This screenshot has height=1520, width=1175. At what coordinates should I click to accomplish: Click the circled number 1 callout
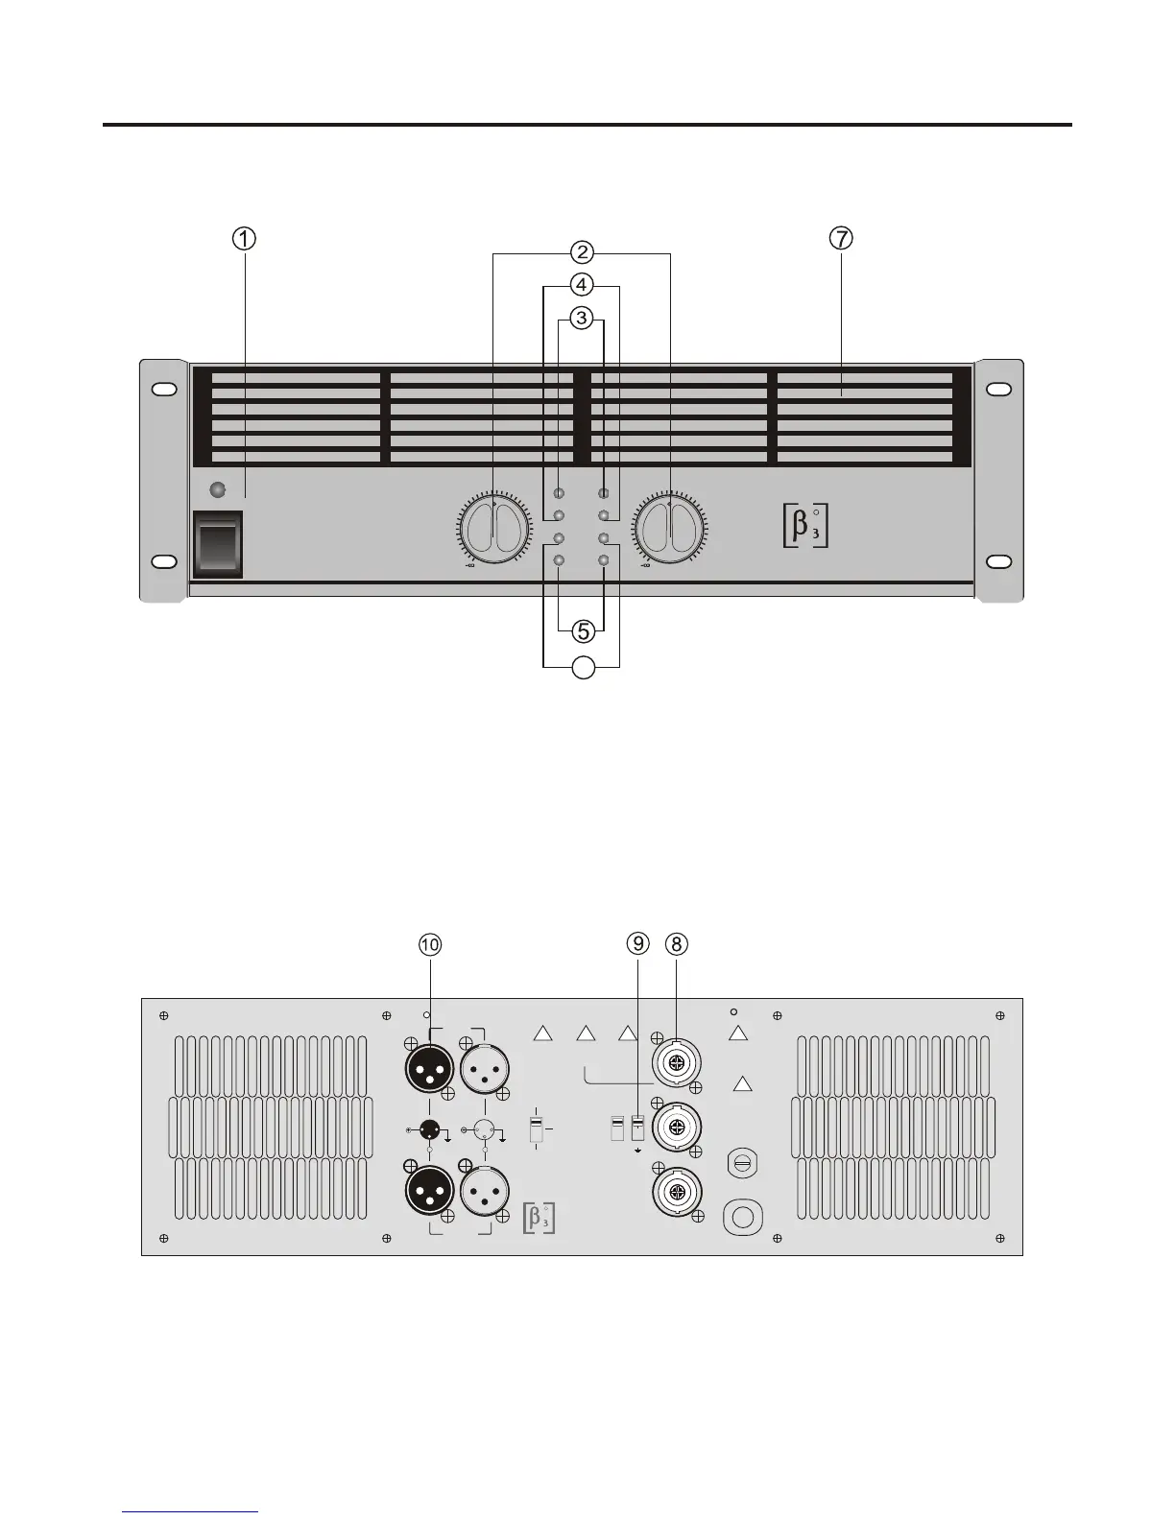click(x=246, y=238)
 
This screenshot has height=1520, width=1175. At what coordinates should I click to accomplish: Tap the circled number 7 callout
click(x=841, y=238)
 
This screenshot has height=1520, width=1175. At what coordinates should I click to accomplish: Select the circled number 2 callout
click(x=581, y=252)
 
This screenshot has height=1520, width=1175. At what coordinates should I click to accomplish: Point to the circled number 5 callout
click(x=583, y=630)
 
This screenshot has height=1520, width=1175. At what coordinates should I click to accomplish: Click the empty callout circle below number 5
click(x=583, y=668)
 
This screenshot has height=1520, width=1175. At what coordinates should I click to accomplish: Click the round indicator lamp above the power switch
click(x=218, y=490)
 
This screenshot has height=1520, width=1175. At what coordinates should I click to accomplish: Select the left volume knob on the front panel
click(x=494, y=531)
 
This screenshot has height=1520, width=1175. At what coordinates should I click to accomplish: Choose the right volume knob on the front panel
click(x=670, y=531)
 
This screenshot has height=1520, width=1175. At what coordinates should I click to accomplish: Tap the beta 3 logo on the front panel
click(x=805, y=528)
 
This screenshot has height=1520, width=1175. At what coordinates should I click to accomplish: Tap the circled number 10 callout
click(x=430, y=944)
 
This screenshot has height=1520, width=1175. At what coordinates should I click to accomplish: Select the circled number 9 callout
click(x=639, y=944)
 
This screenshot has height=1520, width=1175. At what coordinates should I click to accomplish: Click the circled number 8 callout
click(x=677, y=944)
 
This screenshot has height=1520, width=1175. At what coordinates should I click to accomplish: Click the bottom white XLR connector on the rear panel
click(x=485, y=1193)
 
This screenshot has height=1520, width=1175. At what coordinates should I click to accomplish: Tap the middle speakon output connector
click(x=676, y=1126)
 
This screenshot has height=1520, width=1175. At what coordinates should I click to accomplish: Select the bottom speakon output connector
click(x=676, y=1193)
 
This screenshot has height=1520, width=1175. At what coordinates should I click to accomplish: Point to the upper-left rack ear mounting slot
click(x=163, y=390)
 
